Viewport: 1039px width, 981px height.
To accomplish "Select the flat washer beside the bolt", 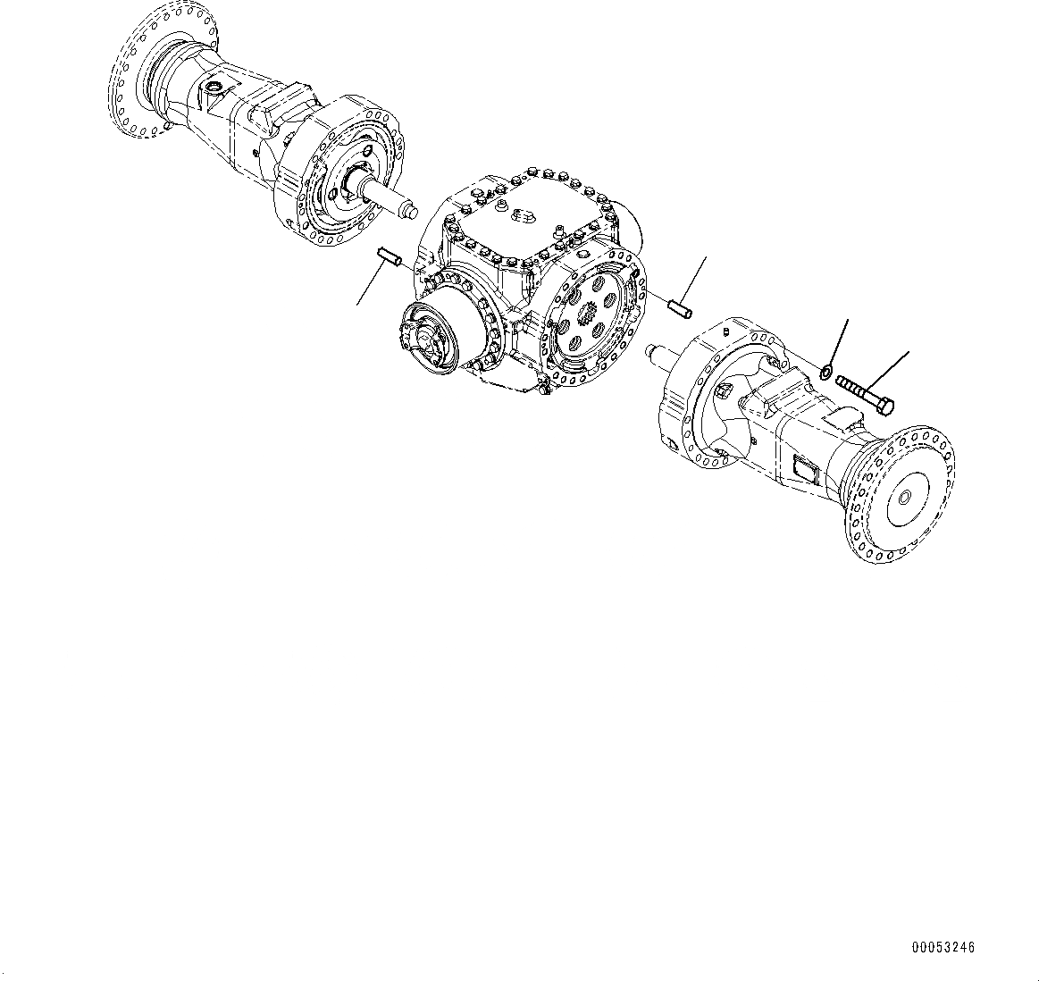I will tap(826, 371).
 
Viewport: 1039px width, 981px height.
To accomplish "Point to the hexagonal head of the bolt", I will tap(886, 407).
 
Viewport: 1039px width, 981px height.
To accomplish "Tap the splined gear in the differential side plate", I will tap(589, 316).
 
